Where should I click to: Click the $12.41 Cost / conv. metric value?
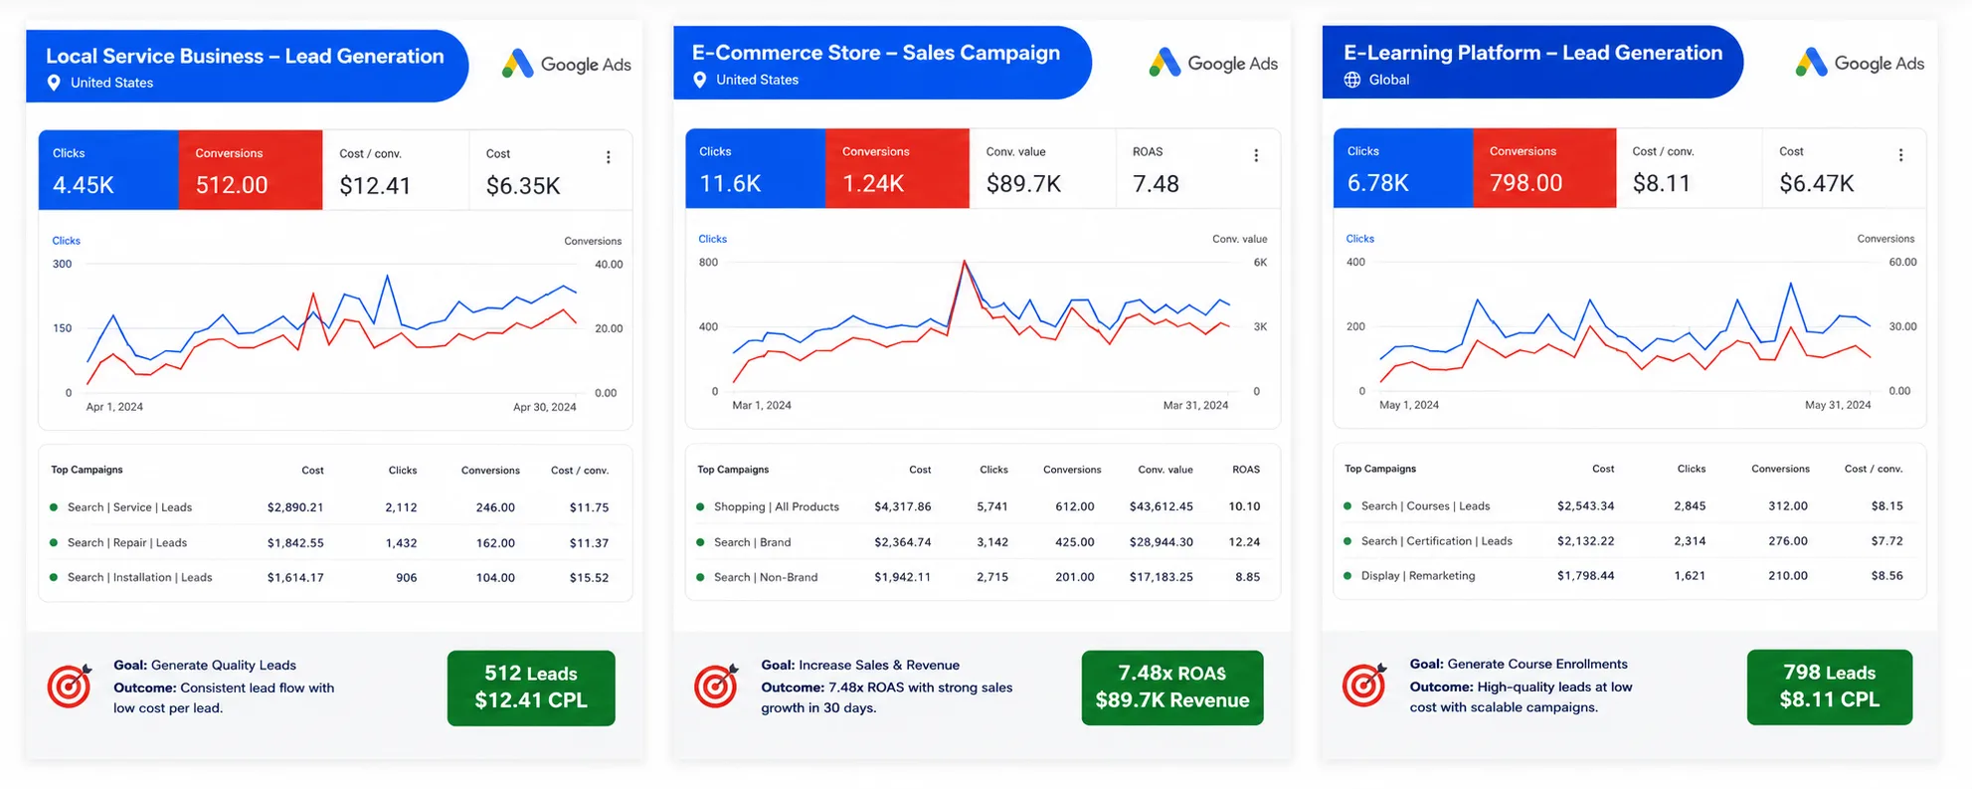pyautogui.click(x=375, y=185)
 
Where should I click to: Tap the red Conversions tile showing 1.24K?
pyautogui.click(x=897, y=168)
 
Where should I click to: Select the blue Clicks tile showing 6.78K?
pyautogui.click(x=1403, y=168)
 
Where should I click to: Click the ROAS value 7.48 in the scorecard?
pyautogui.click(x=1156, y=184)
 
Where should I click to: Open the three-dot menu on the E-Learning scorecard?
pyautogui.click(x=1900, y=155)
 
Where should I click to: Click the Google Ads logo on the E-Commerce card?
pyautogui.click(x=1213, y=63)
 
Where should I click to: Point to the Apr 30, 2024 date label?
pyautogui.click(x=544, y=407)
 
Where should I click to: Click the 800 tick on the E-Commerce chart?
pyautogui.click(x=708, y=263)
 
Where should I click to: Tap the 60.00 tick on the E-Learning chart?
pyautogui.click(x=1902, y=263)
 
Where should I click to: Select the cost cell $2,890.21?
pyautogui.click(x=295, y=507)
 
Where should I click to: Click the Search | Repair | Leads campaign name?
pyautogui.click(x=127, y=543)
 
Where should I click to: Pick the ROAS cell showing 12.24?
pyautogui.click(x=1244, y=542)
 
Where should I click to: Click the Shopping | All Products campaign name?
pyautogui.click(x=777, y=506)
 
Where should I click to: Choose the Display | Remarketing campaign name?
pyautogui.click(x=1418, y=576)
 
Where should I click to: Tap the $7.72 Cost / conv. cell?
pyautogui.click(x=1886, y=541)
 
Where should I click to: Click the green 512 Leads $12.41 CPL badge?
pyautogui.click(x=531, y=688)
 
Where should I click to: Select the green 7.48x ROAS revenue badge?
pyautogui.click(x=1172, y=688)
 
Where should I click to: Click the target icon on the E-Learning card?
pyautogui.click(x=1364, y=685)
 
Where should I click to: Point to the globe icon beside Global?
pyautogui.click(x=1352, y=80)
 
